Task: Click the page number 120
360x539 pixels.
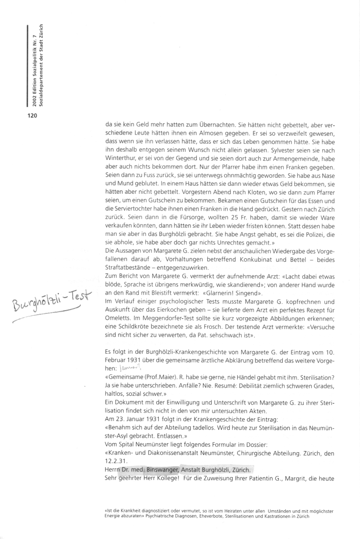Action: point(32,115)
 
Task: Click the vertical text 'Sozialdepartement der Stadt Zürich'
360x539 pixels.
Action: point(41,65)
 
